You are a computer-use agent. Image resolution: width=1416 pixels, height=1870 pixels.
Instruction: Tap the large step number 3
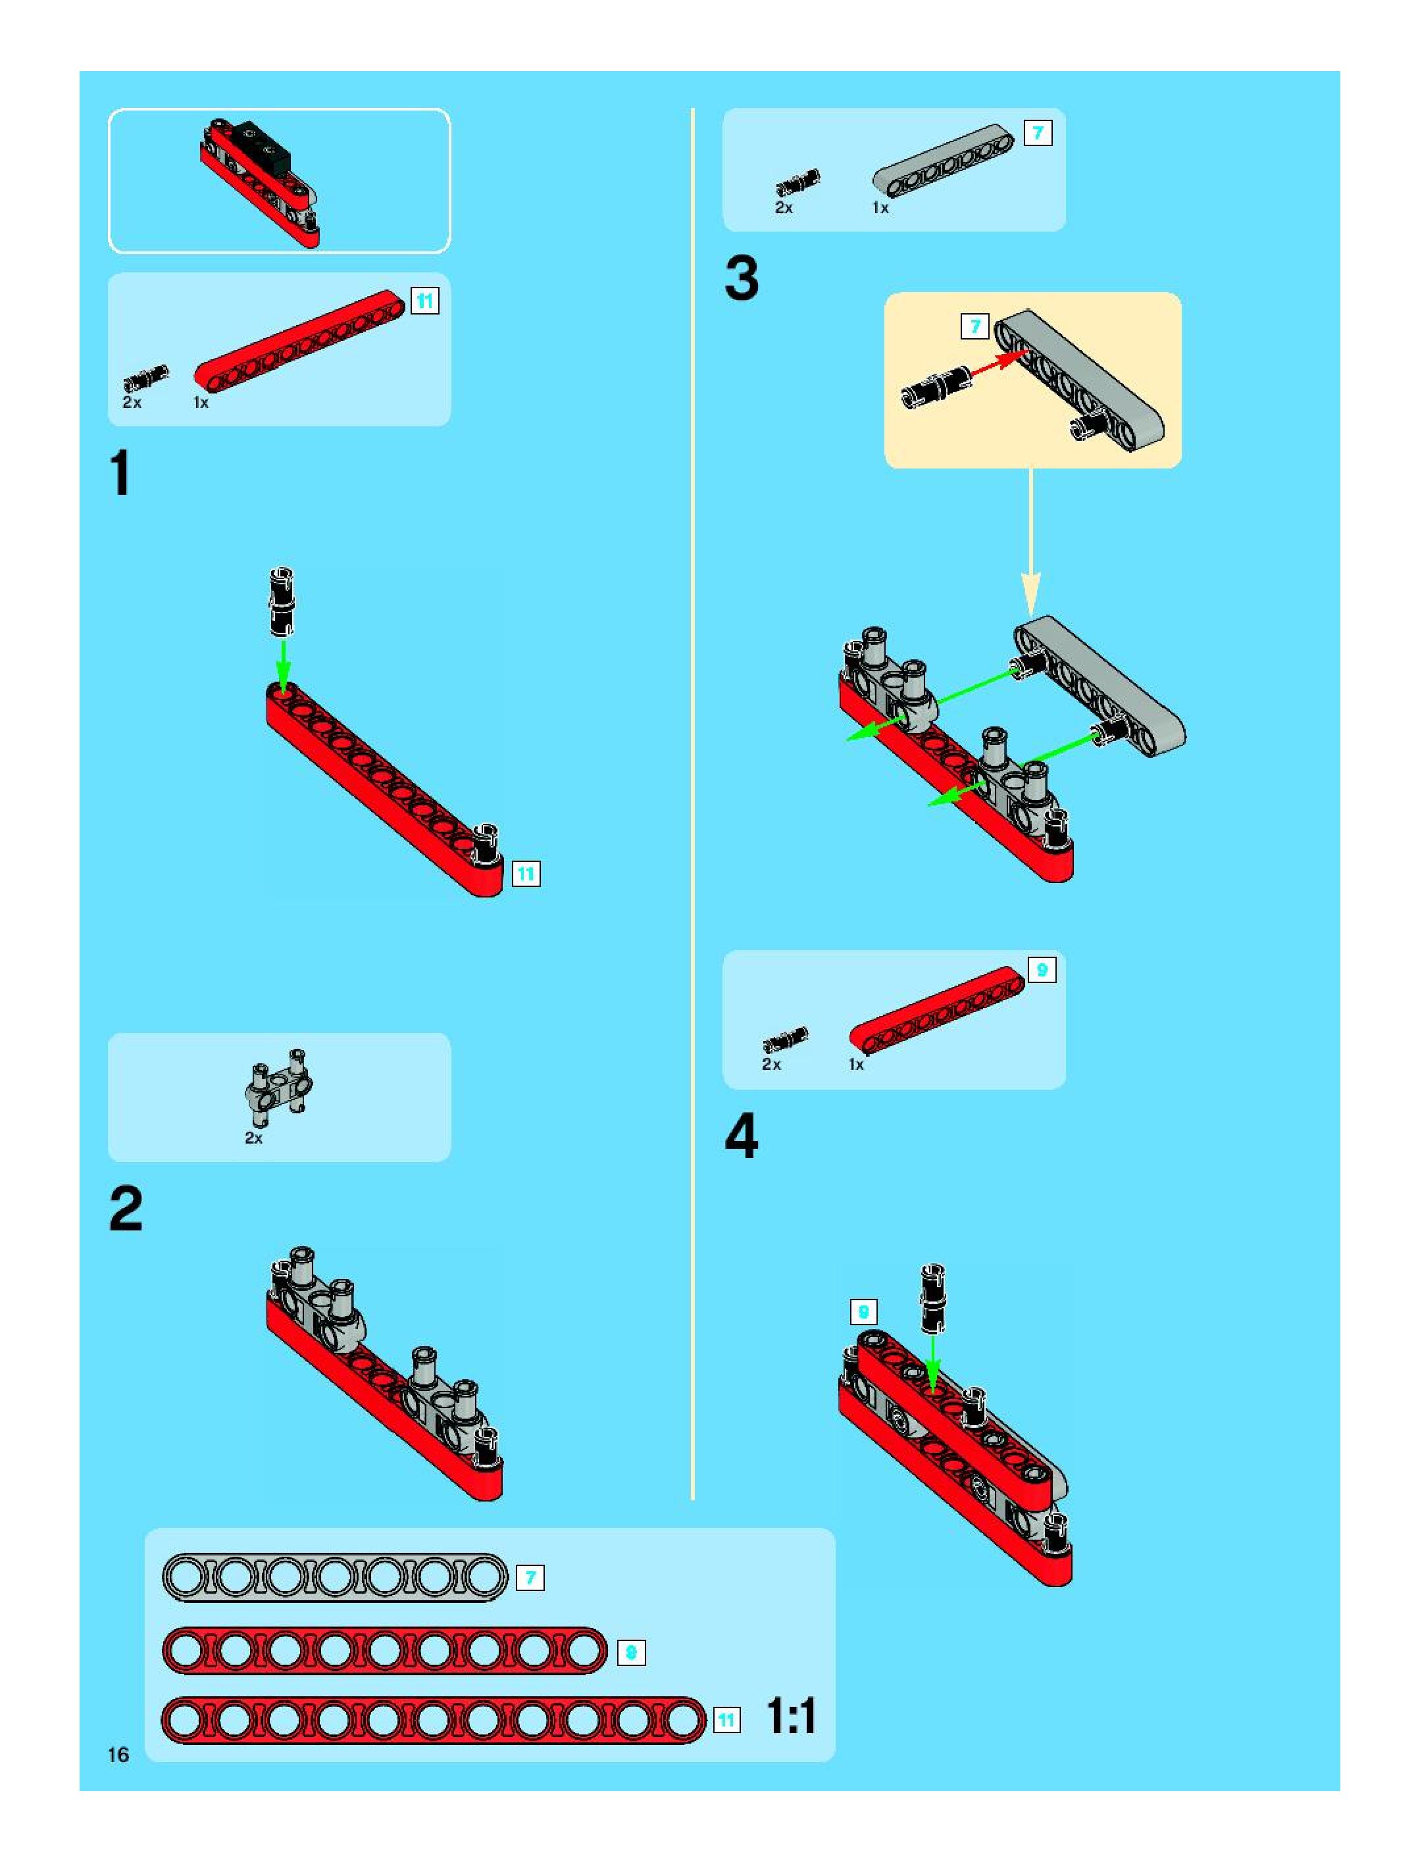742,278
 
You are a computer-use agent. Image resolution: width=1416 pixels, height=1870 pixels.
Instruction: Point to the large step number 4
742,1136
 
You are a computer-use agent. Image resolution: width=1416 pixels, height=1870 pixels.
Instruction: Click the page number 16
118,1754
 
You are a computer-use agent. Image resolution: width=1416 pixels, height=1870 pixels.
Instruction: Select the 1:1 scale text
790,1716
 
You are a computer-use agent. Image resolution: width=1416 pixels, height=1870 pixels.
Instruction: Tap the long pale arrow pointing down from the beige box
1030,541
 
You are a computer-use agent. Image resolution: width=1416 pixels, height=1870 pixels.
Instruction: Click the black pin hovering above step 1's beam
282,601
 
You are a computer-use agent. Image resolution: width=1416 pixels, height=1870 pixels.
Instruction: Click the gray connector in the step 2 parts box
279,1086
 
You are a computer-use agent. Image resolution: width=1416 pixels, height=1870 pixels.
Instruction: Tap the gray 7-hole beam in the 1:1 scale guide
335,1577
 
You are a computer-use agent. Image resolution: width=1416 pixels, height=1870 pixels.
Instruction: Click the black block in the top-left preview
262,142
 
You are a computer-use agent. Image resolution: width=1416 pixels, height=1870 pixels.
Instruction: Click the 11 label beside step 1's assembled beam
526,873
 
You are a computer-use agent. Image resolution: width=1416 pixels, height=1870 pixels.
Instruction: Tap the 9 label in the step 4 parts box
1042,971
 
